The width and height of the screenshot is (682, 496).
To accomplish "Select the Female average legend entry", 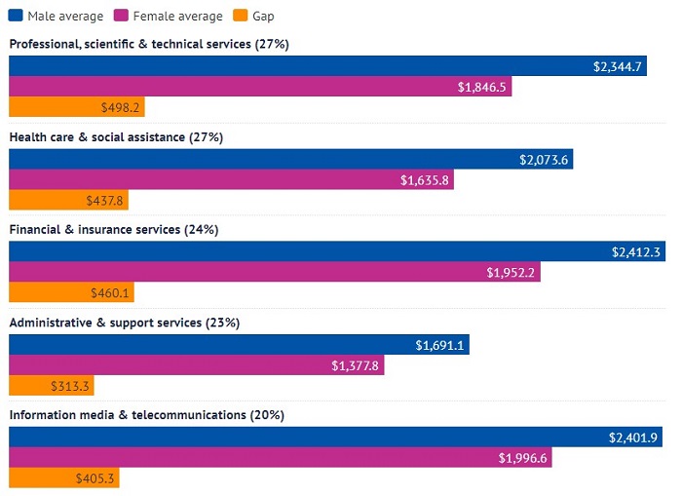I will (170, 16).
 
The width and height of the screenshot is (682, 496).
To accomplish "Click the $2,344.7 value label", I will (617, 66).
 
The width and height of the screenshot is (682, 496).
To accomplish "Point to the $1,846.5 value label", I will (481, 88).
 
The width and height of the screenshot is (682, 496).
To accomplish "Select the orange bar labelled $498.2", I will (76, 108).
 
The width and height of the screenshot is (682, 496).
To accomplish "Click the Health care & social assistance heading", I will (116, 137).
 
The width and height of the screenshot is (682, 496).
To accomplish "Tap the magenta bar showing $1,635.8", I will (231, 180).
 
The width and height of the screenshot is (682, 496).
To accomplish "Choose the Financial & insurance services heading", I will (113, 230).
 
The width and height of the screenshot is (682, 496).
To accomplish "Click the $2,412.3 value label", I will (635, 252).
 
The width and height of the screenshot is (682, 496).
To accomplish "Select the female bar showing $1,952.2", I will (274, 273).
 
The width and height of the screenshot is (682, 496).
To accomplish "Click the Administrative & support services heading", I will (124, 323).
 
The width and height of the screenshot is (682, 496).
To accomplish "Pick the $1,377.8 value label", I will (357, 365).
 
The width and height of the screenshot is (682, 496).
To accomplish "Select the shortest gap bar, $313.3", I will (51, 386).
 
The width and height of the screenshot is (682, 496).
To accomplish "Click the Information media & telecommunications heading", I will (146, 415).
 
